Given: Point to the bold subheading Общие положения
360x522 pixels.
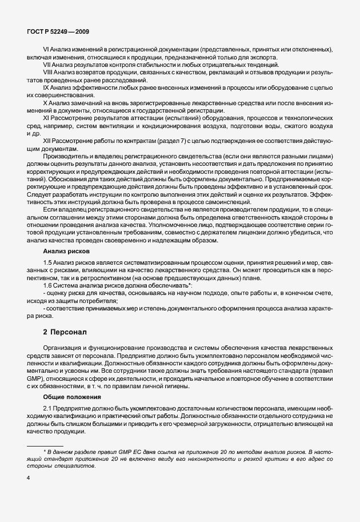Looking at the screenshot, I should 72,396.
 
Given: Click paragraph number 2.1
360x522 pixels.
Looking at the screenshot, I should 49,407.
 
